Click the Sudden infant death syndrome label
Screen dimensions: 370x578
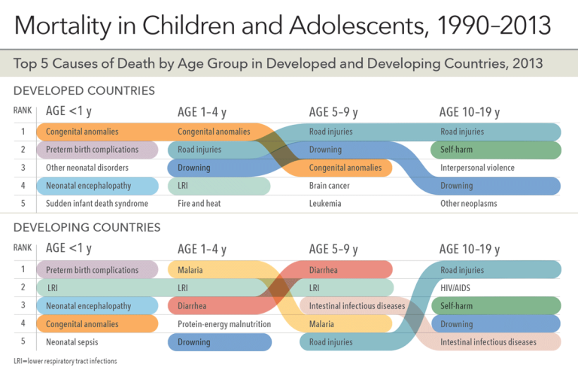pyautogui.click(x=96, y=204)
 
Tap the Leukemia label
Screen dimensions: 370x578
pyautogui.click(x=325, y=204)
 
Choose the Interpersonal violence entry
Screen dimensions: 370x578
pyautogui.click(x=478, y=168)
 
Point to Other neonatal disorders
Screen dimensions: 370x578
pyautogui.click(x=87, y=168)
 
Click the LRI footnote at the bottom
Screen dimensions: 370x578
pyautogui.click(x=65, y=361)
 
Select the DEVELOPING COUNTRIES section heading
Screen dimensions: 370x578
pyautogui.click(x=87, y=226)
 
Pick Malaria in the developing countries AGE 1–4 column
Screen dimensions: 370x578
pyautogui.click(x=190, y=270)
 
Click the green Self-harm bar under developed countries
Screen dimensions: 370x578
pyautogui.click(x=497, y=150)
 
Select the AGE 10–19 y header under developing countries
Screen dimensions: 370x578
pyautogui.click(x=470, y=249)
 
